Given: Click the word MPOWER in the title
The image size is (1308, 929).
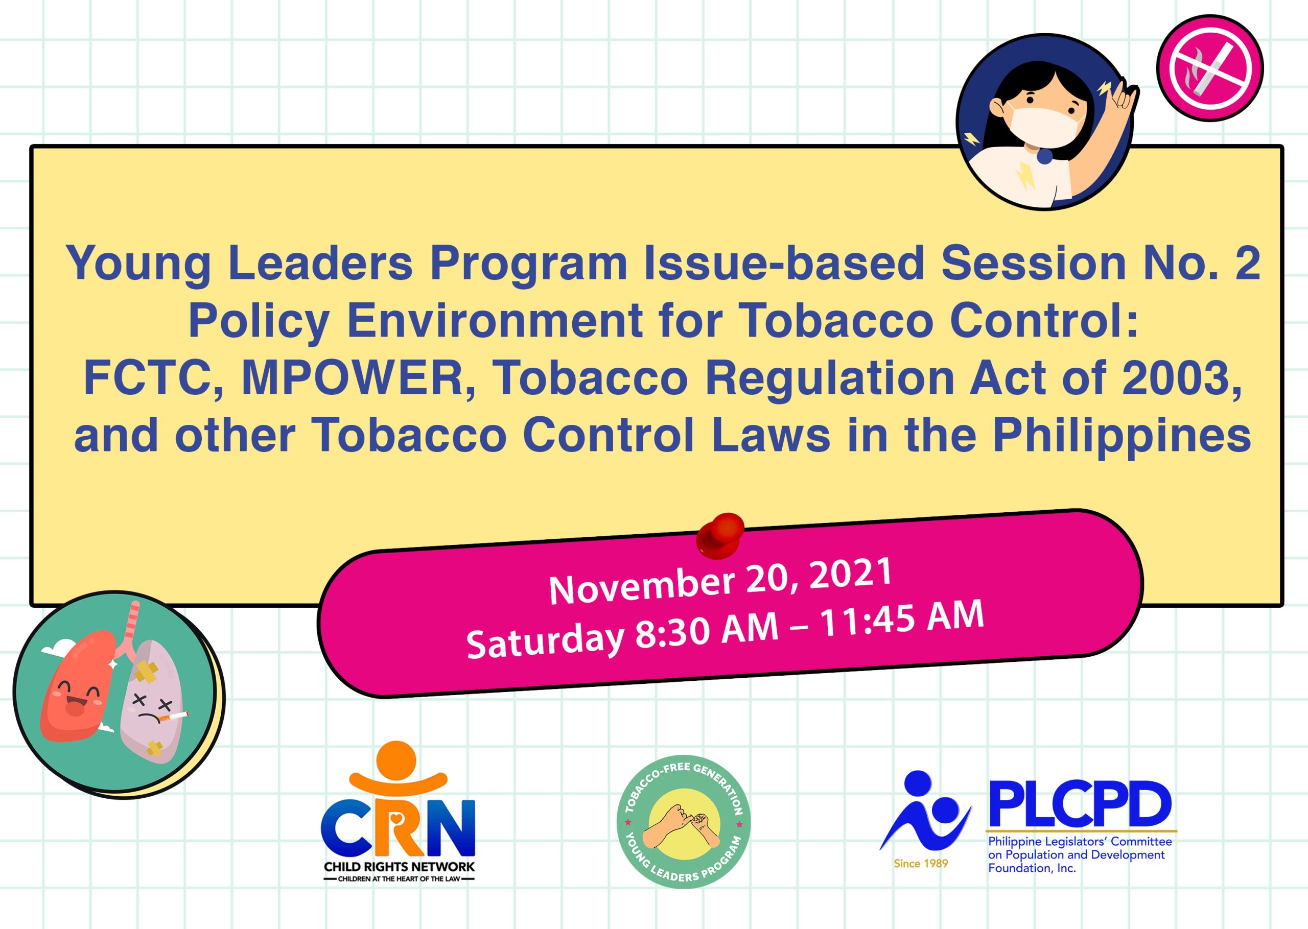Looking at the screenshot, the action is click(x=358, y=378).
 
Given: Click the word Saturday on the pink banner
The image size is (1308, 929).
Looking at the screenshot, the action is click(x=544, y=640).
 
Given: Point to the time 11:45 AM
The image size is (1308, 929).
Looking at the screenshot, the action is click(x=902, y=619).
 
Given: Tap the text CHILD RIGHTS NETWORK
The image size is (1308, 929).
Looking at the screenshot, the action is click(x=399, y=867).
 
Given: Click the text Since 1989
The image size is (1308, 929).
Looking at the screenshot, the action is click(x=921, y=864).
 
